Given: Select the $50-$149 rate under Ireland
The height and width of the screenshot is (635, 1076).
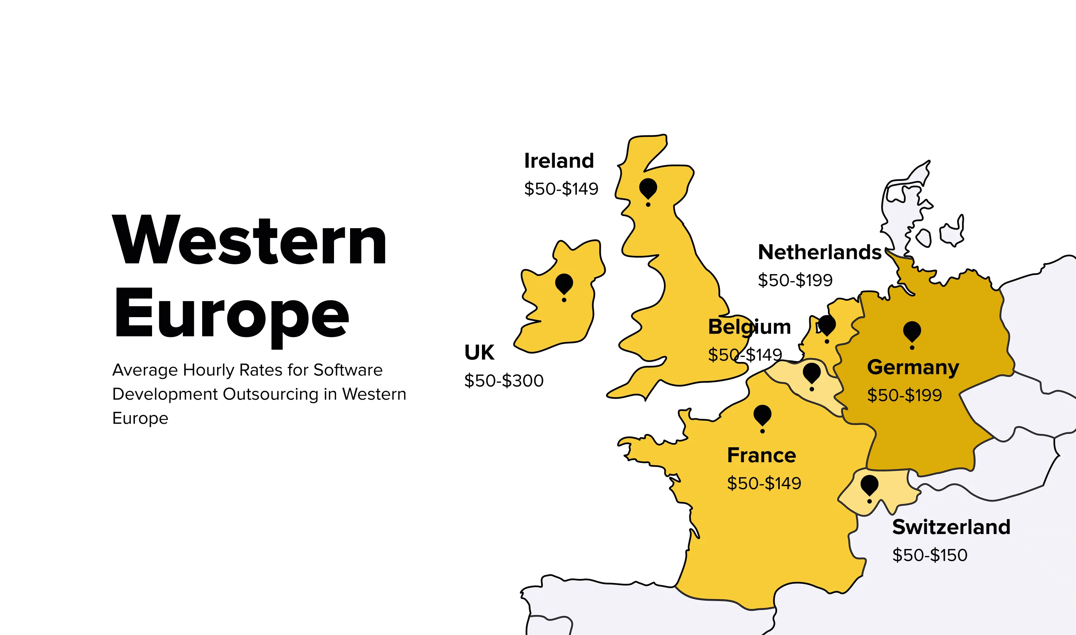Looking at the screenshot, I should (561, 189).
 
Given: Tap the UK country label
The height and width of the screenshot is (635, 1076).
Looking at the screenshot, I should (479, 353).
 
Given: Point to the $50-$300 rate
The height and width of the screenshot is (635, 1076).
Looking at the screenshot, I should (504, 380).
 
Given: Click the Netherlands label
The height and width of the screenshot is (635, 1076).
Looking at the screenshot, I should (819, 252).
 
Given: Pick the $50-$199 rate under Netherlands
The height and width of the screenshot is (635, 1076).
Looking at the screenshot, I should (795, 280).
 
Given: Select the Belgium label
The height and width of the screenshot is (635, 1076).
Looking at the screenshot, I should (749, 327).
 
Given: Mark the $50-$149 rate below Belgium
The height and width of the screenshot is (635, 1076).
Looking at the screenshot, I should (745, 355).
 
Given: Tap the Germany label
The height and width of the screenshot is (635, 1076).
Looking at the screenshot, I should (913, 367).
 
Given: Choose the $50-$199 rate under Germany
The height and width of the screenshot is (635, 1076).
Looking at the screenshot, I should (904, 395).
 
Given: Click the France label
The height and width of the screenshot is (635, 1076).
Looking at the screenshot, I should (761, 455).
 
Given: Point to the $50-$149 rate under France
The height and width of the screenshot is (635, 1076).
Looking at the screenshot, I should (764, 483).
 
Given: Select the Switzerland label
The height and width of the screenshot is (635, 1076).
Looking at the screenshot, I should (951, 527).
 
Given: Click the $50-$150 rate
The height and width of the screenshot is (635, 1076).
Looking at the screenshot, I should (930, 555).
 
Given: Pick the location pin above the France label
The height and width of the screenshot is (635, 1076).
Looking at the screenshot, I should (762, 415).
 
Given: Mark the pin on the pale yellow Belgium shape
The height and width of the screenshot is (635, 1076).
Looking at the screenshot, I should (812, 373).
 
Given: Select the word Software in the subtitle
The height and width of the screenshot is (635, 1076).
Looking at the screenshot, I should (347, 370).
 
